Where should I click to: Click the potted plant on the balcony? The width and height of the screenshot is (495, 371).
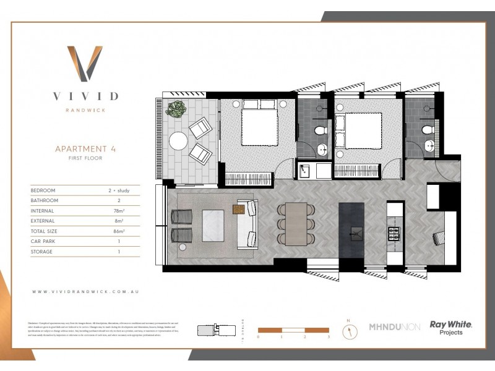point(177,109)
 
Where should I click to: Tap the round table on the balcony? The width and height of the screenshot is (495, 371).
point(179,141)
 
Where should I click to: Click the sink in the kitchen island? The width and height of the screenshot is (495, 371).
point(355,233)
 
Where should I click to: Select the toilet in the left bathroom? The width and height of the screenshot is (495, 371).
point(321,130)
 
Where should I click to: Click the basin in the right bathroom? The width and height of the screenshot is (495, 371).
point(429,147)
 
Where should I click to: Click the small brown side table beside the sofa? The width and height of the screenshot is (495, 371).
point(239,209)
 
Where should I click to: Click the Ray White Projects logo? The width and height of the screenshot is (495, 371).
point(442,327)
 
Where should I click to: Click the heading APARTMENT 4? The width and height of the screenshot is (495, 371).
point(85,149)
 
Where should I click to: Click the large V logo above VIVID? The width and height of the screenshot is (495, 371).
point(85,63)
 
